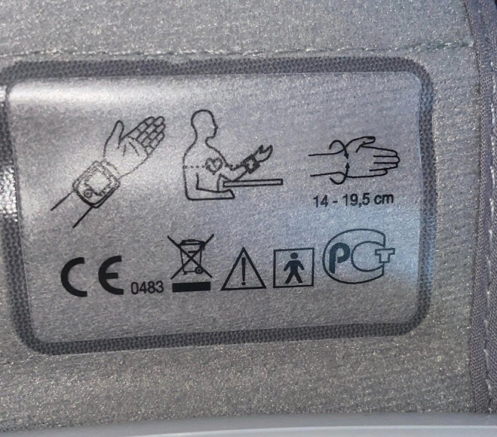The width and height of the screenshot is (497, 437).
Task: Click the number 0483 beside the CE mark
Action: coord(147,288)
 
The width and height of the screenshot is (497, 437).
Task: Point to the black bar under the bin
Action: coord(192,287)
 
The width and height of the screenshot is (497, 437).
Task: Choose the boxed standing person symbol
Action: coord(294,268)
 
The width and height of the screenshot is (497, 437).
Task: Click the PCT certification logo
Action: coord(358,256)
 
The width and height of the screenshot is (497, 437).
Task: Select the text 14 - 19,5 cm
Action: coord(353,200)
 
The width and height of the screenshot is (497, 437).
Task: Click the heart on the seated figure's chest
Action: coord(214,165)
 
